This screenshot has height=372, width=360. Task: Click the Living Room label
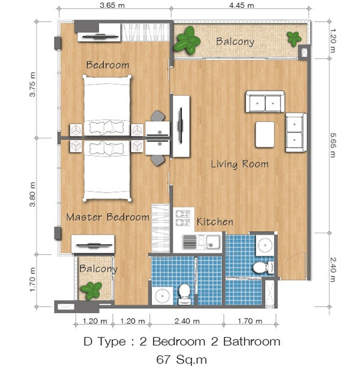(239, 164)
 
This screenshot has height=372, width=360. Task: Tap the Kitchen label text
(215, 222)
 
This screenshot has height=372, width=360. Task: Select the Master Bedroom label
(107, 217)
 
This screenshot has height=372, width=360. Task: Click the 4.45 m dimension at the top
(241, 5)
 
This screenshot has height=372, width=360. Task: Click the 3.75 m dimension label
(32, 85)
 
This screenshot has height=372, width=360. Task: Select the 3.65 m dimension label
(112, 5)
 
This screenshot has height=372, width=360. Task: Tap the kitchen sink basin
(212, 242)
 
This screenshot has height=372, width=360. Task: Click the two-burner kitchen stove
(183, 218)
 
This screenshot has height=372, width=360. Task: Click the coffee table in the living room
(265, 134)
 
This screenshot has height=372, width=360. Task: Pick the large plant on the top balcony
(187, 40)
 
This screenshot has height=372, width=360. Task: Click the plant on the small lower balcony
(91, 290)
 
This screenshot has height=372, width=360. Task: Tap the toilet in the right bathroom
(263, 268)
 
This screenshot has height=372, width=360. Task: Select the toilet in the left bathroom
(184, 295)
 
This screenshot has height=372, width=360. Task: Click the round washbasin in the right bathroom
(265, 245)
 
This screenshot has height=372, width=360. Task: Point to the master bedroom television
(94, 245)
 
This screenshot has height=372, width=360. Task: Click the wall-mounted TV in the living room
(181, 125)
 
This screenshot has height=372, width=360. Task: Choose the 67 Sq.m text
(182, 359)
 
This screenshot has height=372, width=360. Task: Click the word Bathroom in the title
(252, 341)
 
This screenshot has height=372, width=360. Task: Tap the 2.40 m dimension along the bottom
(187, 321)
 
